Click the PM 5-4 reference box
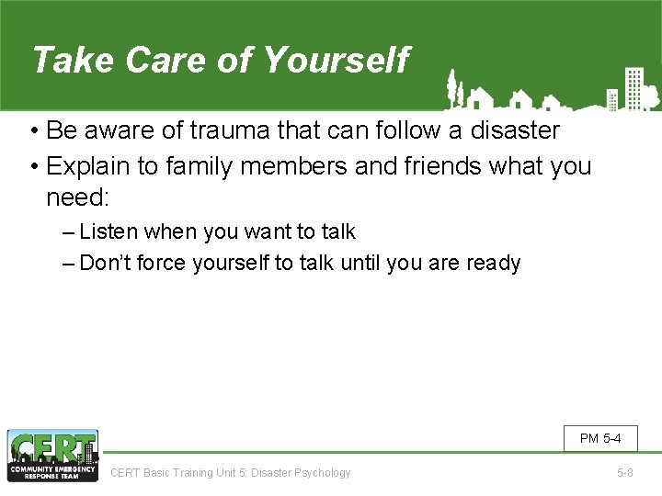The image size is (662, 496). (x=600, y=438)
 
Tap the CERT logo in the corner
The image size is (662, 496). (x=51, y=456)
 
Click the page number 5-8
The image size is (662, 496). (x=624, y=473)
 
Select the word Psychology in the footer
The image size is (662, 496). (x=322, y=473)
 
